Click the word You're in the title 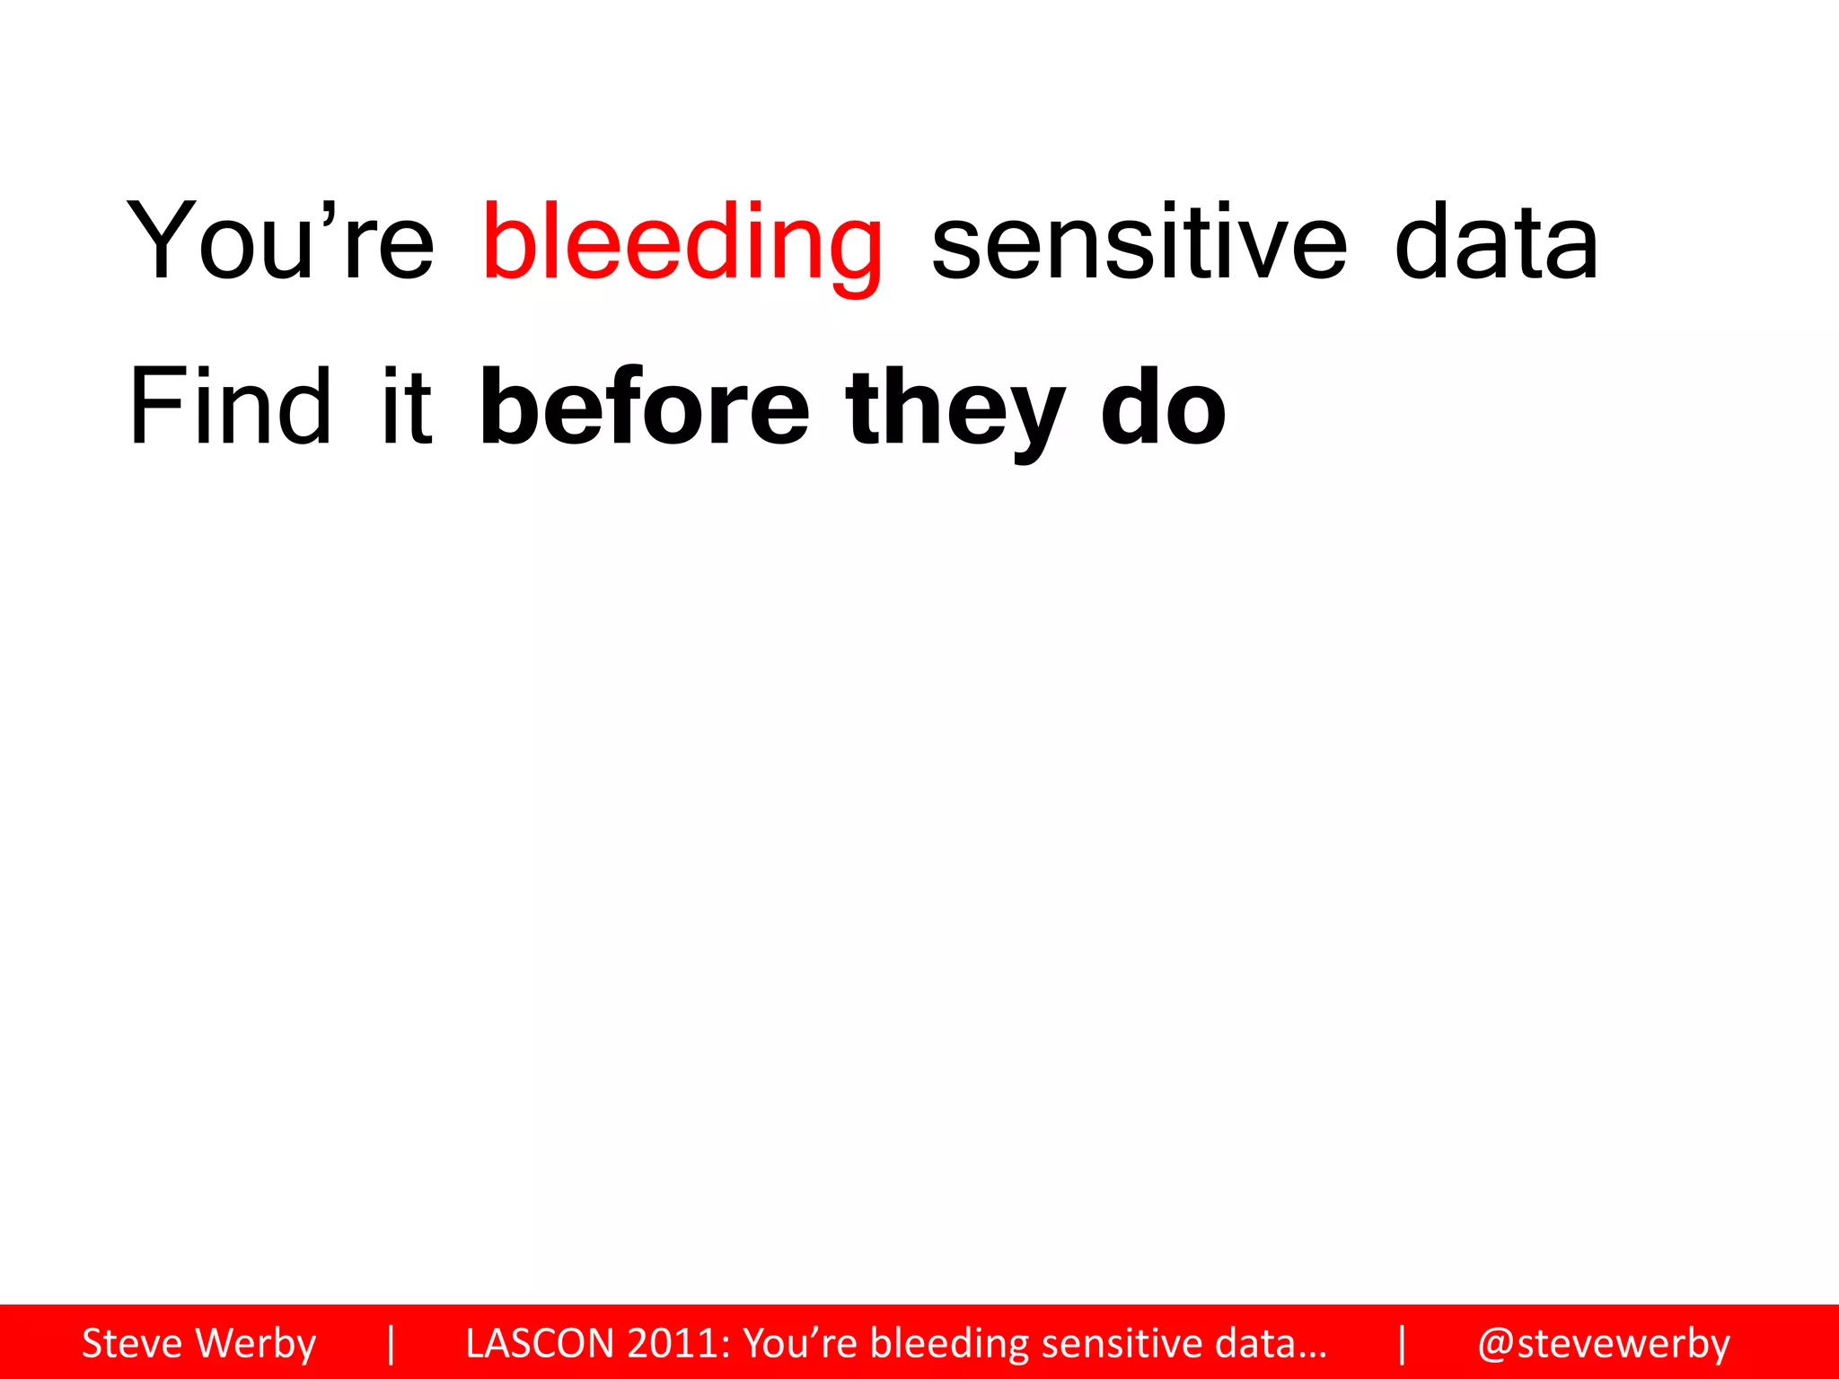click(x=280, y=241)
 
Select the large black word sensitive click(x=1139, y=241)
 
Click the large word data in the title click(x=1496, y=241)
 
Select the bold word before click(x=645, y=408)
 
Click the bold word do click(x=1163, y=408)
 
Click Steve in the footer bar click(x=131, y=1343)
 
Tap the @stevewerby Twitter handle click(x=1604, y=1344)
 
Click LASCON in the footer click(x=540, y=1343)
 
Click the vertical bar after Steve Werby click(x=391, y=1343)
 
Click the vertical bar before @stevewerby click(x=1402, y=1343)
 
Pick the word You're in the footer click(x=801, y=1343)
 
